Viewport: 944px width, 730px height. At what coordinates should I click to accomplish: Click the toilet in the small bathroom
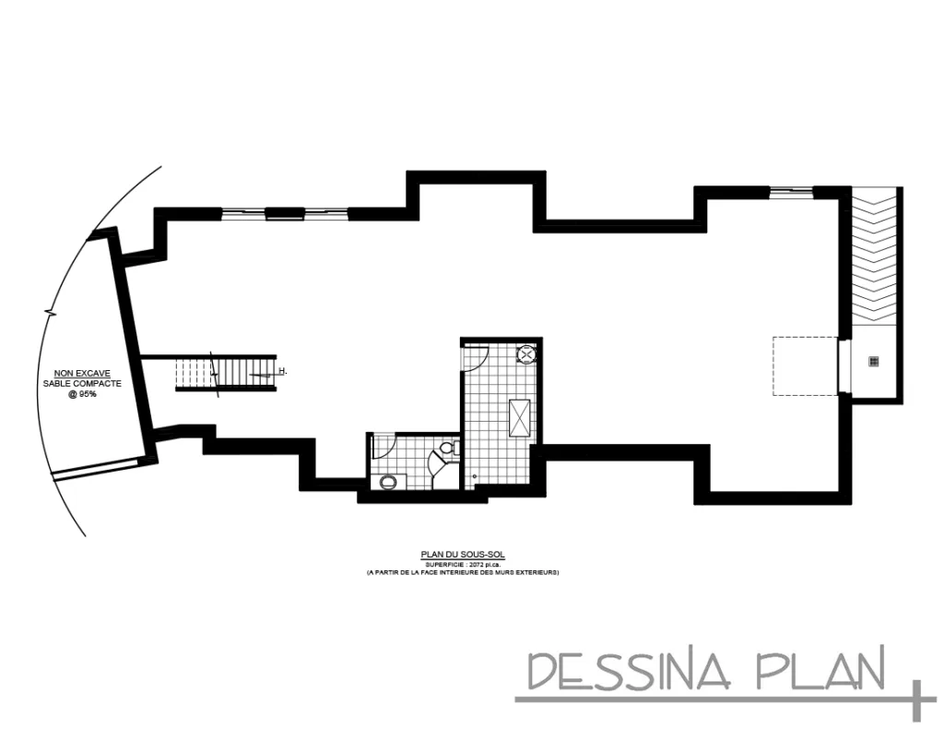coord(447,449)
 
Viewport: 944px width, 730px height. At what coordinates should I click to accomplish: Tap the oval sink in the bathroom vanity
coord(388,481)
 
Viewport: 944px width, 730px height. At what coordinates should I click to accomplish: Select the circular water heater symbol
coord(526,353)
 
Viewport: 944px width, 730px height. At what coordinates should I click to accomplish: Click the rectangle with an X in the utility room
coord(520,415)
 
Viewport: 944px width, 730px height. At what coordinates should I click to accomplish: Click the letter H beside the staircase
coord(283,371)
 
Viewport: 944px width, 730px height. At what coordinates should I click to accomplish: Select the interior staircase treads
coord(226,372)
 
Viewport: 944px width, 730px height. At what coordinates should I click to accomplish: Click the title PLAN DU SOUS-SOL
coord(463,555)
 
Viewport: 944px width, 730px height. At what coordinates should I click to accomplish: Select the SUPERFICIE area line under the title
coord(463,564)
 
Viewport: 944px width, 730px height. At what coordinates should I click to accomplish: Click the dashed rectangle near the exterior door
coord(804,365)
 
